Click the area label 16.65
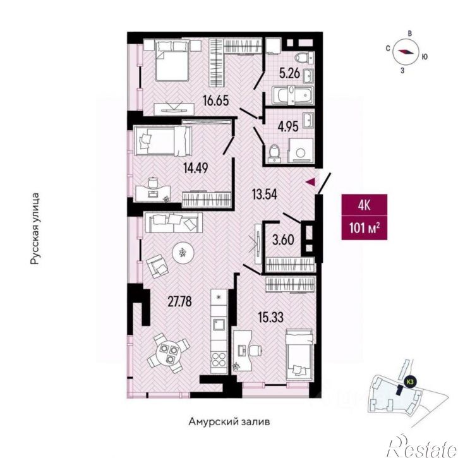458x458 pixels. [216, 101]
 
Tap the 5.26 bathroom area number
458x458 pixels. [289, 73]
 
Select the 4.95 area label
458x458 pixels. [287, 127]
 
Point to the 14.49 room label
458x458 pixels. [195, 168]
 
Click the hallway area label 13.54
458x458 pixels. [264, 194]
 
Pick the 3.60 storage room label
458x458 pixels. [283, 240]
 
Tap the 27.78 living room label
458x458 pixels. [179, 301]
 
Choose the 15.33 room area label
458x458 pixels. [271, 317]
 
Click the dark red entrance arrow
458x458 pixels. [310, 182]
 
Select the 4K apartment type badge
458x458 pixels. [365, 205]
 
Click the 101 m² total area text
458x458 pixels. [365, 228]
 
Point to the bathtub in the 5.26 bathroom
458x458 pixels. [292, 95]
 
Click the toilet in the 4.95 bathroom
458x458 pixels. [274, 153]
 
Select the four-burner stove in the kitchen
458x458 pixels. [219, 359]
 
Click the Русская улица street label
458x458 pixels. [35, 229]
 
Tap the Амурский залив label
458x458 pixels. [229, 422]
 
